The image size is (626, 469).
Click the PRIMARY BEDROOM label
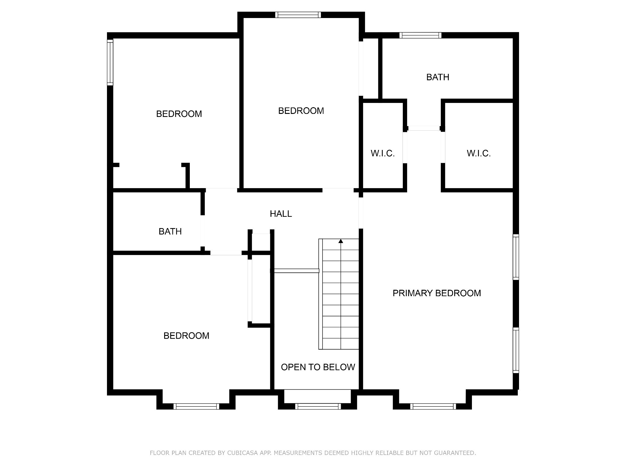click(x=436, y=293)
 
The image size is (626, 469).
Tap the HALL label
click(x=281, y=214)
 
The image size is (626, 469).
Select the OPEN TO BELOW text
click(x=318, y=367)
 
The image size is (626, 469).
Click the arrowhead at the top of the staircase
click(x=341, y=241)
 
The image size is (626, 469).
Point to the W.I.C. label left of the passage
click(x=383, y=153)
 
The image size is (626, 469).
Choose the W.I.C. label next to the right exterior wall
click(x=479, y=153)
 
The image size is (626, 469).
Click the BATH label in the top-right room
click(x=438, y=77)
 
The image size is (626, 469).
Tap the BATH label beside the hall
click(x=170, y=231)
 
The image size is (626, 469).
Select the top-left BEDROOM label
click(x=179, y=114)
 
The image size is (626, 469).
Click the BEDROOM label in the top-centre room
click(x=301, y=111)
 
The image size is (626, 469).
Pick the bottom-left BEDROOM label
click(x=186, y=336)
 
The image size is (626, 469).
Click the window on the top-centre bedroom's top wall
click(x=298, y=15)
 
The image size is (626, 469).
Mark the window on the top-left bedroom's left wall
click(x=110, y=62)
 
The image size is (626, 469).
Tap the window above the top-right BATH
click(x=420, y=35)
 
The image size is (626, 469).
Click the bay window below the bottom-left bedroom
click(x=196, y=406)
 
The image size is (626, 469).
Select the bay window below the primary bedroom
click(x=433, y=406)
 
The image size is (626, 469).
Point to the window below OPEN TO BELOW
click(x=318, y=406)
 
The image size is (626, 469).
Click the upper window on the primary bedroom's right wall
click(x=516, y=257)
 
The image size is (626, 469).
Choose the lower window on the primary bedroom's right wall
click(x=516, y=350)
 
